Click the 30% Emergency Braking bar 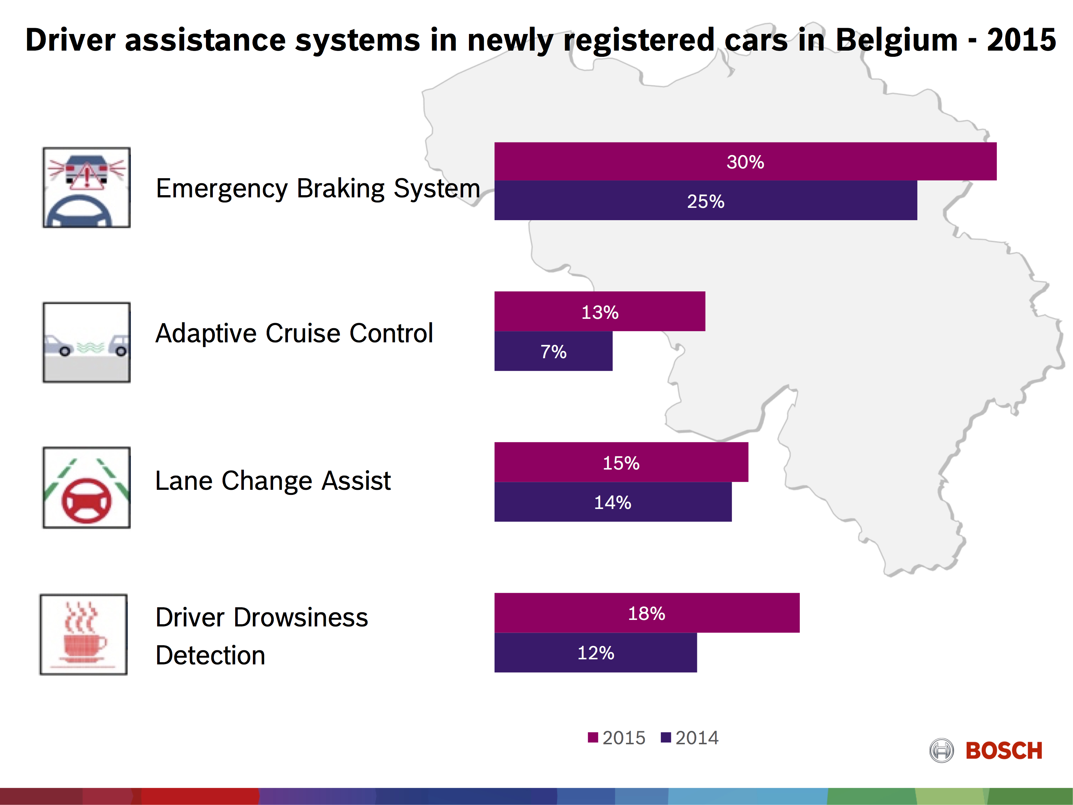click(x=745, y=162)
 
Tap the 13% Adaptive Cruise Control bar click(x=600, y=312)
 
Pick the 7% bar click(x=553, y=351)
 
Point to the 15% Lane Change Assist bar click(x=621, y=462)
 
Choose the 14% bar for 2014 click(x=613, y=502)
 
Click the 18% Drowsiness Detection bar click(x=647, y=613)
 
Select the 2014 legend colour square click(x=665, y=737)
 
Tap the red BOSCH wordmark click(x=1004, y=751)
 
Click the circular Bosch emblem click(x=941, y=751)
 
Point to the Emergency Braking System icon click(x=86, y=187)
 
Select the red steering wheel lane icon click(x=86, y=488)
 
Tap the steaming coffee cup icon click(x=83, y=634)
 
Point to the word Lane click(x=184, y=481)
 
